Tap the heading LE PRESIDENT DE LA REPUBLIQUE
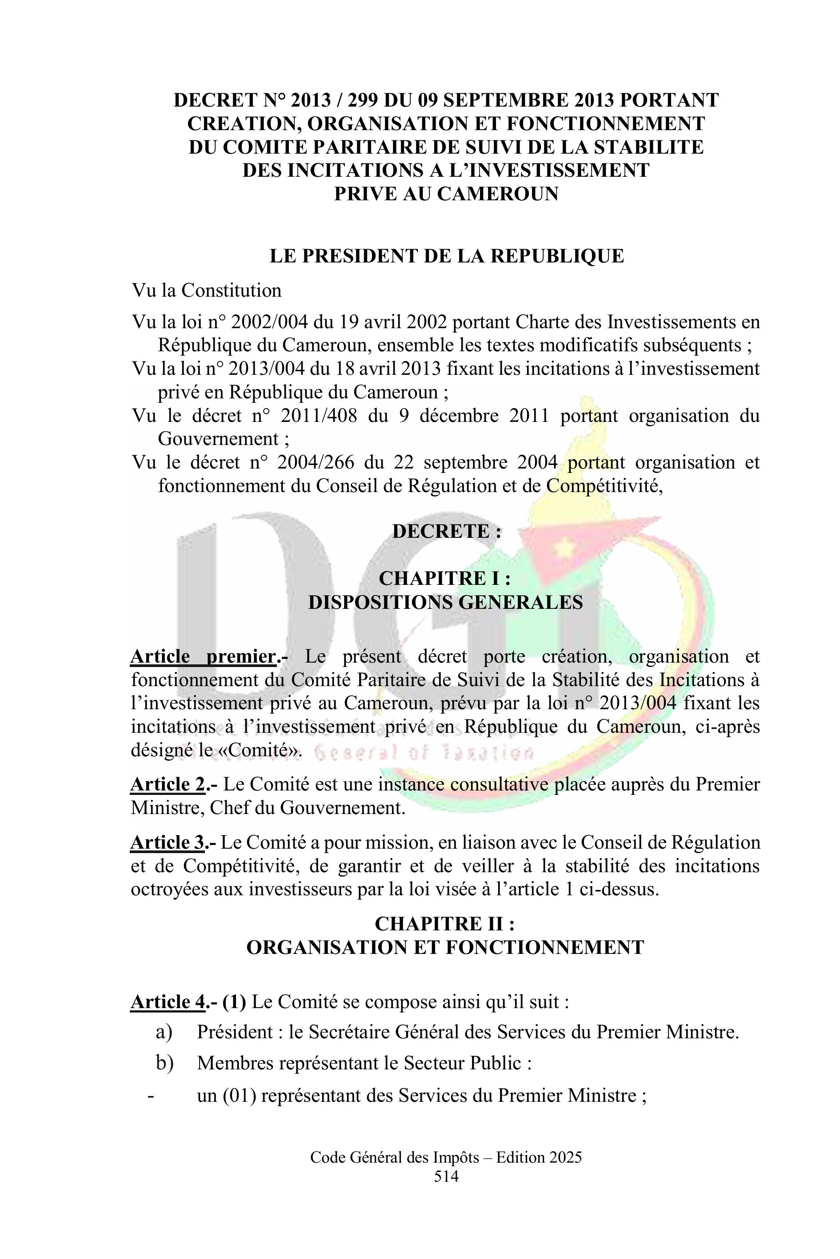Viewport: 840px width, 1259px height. coord(446,256)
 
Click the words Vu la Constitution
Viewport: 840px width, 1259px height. coord(207,291)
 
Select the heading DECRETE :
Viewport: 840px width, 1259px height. coord(447,531)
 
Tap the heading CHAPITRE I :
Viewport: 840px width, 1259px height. coord(444,579)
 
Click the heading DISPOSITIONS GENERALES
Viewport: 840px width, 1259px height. coord(445,602)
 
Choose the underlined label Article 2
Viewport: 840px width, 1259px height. coord(168,784)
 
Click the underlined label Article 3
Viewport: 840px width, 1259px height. coord(168,842)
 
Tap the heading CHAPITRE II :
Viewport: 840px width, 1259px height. coord(444,924)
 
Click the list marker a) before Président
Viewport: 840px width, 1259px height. coord(164,1032)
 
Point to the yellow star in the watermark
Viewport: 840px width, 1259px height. coord(563,548)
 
